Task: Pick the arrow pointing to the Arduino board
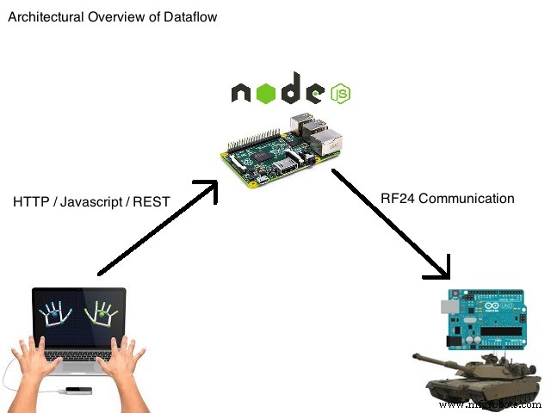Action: point(393,223)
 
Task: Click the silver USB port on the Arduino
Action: point(449,305)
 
